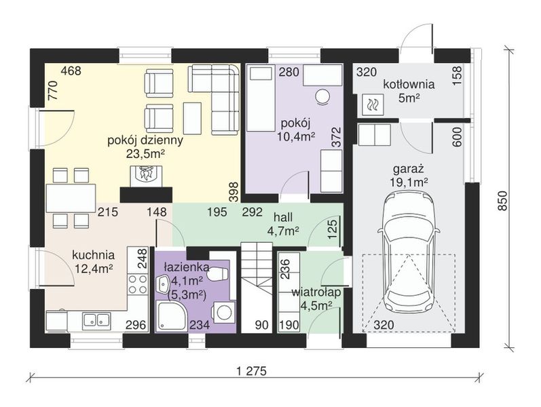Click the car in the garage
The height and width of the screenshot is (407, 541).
coord(409,252)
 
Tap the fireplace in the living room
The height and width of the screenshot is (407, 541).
coord(146,176)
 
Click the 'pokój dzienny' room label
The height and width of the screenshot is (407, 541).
coord(145,141)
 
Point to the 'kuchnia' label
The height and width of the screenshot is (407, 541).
coord(93,255)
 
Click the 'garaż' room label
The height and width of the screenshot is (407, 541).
coord(409,170)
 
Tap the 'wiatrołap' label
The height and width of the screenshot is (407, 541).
coord(316,292)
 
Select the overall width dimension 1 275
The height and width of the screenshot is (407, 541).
coord(252,371)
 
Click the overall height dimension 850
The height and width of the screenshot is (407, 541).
coord(504,201)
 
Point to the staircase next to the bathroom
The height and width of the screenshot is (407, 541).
coord(257,287)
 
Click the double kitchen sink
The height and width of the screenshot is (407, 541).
coord(96,319)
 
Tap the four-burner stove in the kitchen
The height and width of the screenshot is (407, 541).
coord(138,284)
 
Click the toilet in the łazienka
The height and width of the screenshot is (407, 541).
coord(219,275)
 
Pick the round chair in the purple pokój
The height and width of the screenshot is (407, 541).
coord(323,96)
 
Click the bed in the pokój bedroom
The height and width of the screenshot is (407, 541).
coord(261,99)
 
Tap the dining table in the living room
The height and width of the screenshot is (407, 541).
coord(71,197)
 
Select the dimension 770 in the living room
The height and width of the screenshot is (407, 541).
coord(53,90)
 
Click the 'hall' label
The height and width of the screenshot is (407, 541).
coord(283,217)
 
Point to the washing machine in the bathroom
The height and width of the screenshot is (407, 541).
coord(224,312)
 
